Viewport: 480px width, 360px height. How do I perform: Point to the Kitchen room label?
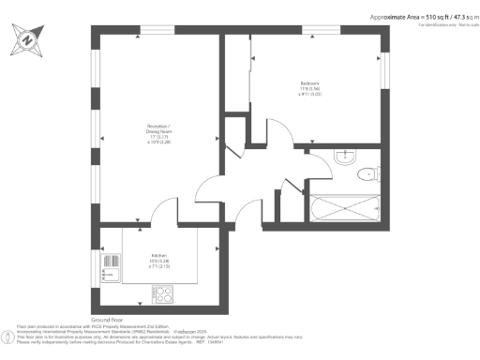pyautogui.click(x=158, y=255)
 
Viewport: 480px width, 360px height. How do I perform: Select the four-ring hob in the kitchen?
pyautogui.click(x=163, y=292)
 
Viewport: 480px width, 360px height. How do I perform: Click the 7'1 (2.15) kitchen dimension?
pyautogui.click(x=157, y=266)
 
